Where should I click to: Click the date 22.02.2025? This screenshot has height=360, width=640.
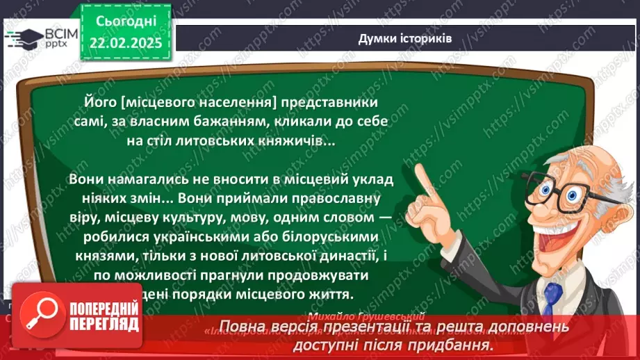point(126,42)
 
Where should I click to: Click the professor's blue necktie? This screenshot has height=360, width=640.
point(552,298)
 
